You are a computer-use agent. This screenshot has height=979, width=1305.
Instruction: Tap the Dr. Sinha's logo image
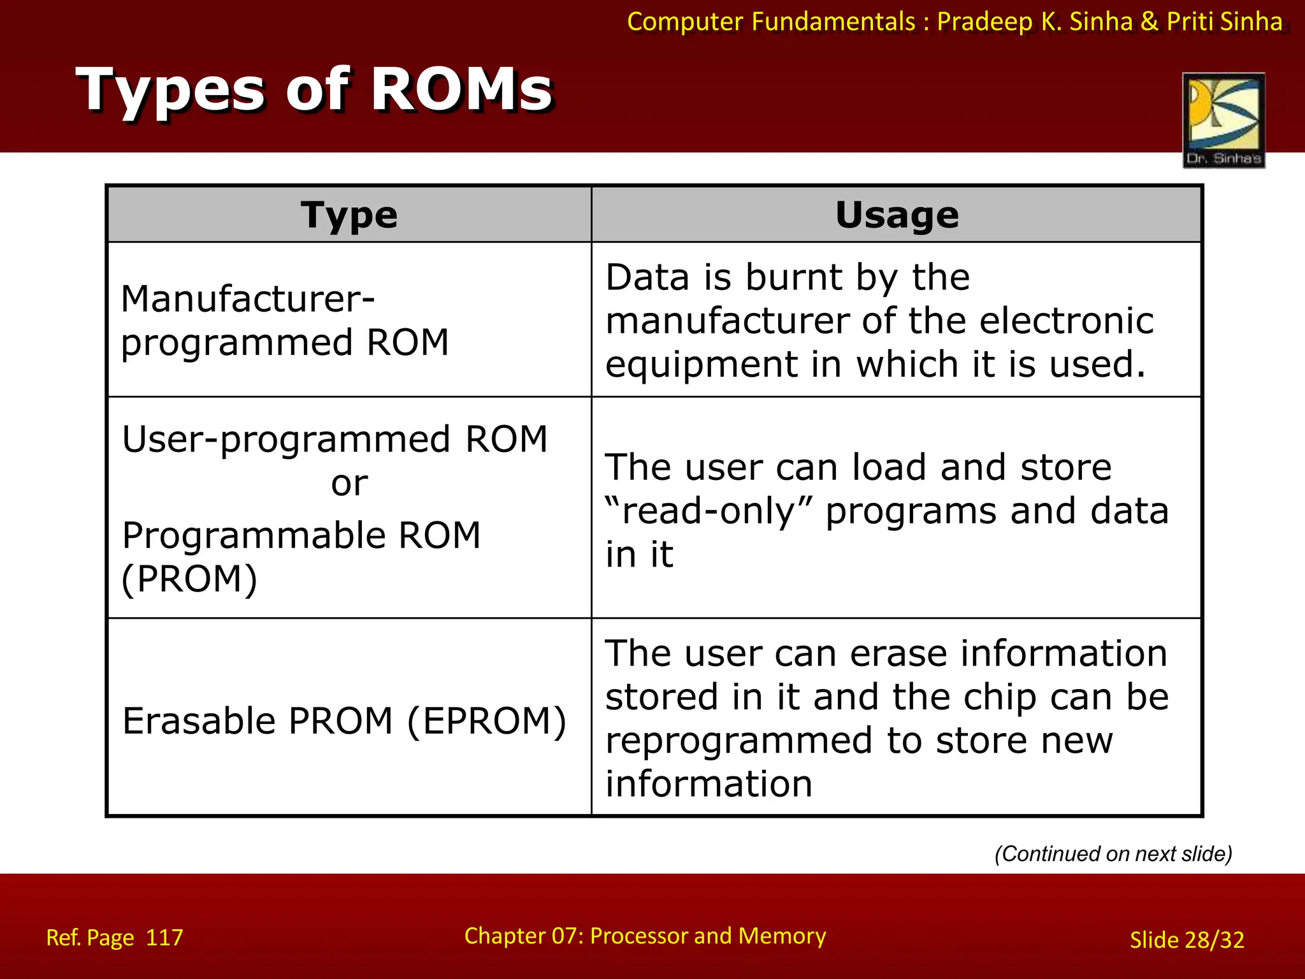point(1223,120)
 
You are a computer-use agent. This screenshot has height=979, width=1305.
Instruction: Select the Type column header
point(349,215)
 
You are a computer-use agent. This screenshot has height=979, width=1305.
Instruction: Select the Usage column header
point(897,215)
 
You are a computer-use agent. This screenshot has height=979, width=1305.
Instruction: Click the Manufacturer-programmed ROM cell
point(285,320)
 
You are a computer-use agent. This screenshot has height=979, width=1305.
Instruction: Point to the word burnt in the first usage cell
point(794,277)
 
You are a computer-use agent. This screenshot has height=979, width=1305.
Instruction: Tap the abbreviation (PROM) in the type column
point(189,579)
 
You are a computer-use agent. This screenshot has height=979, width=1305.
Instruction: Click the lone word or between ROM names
point(349,484)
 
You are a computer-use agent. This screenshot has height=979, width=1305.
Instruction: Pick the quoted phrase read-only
point(709,511)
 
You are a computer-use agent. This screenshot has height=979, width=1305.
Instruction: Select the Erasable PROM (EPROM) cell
point(344,720)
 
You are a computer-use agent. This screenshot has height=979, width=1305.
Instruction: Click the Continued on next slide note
point(1113,853)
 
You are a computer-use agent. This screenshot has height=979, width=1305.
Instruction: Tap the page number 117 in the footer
point(164,938)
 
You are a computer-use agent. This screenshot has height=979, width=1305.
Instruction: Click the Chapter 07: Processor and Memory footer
point(645,936)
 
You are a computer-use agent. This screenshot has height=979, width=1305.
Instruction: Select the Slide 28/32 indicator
point(1186,939)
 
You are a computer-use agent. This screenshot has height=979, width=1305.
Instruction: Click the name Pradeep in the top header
point(984,22)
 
